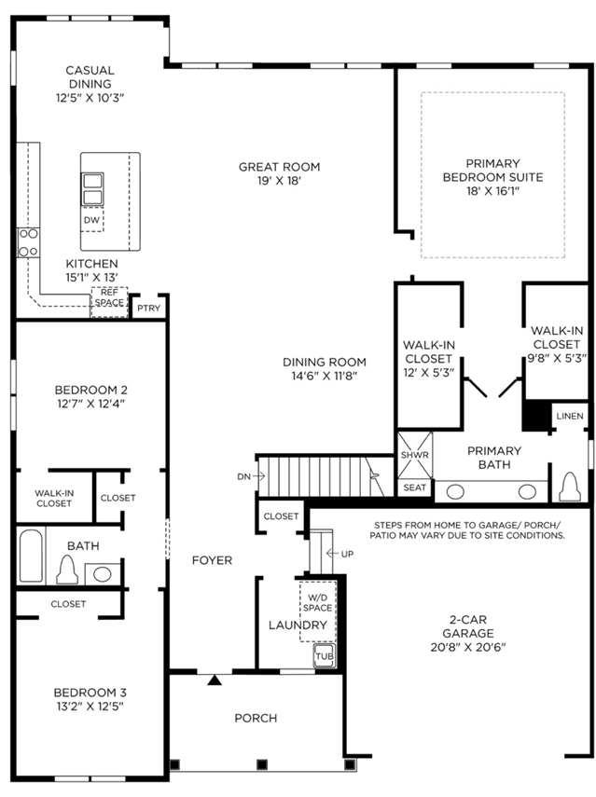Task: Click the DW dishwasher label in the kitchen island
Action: [x=91, y=220]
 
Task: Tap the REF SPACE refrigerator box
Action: [x=109, y=302]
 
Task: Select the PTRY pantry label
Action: [x=148, y=308]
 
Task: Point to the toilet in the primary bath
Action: [x=569, y=487]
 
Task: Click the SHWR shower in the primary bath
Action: [x=414, y=455]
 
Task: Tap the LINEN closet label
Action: [x=570, y=416]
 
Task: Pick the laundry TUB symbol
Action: [x=325, y=655]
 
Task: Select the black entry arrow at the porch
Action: [x=215, y=680]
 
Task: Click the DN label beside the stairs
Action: [x=243, y=476]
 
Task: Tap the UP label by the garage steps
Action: [x=347, y=554]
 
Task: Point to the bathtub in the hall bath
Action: [x=31, y=557]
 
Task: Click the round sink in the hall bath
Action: [x=103, y=574]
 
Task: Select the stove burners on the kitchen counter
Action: [x=28, y=242]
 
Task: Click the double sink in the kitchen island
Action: [x=92, y=189]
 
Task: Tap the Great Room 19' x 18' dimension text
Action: [x=279, y=181]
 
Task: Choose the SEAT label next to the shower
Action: [x=414, y=488]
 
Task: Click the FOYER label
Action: [x=212, y=560]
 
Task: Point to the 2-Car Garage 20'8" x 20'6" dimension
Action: [x=468, y=647]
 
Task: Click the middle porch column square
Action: [x=262, y=764]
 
